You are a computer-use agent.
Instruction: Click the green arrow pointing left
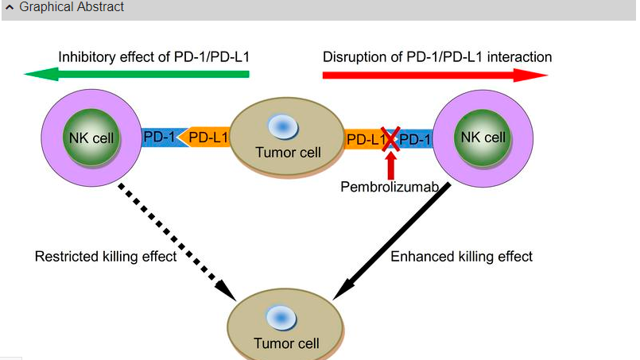(x=135, y=75)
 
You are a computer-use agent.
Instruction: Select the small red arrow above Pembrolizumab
(x=390, y=165)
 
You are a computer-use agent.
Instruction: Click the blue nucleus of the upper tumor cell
(x=282, y=126)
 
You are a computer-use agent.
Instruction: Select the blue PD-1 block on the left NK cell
(x=159, y=137)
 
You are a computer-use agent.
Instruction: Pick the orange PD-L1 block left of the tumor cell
(x=205, y=137)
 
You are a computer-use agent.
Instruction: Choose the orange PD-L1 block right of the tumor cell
(x=364, y=140)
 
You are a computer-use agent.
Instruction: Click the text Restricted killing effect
(x=106, y=257)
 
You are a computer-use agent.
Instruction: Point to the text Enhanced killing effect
(x=462, y=257)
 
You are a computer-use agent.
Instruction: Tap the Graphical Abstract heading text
(x=72, y=7)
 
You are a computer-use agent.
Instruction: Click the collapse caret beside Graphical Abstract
(x=10, y=7)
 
